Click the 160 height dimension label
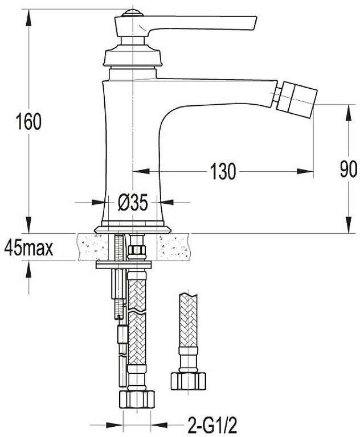point(28,122)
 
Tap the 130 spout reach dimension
point(223,171)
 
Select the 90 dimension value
point(349,169)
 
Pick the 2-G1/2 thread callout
point(212,425)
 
